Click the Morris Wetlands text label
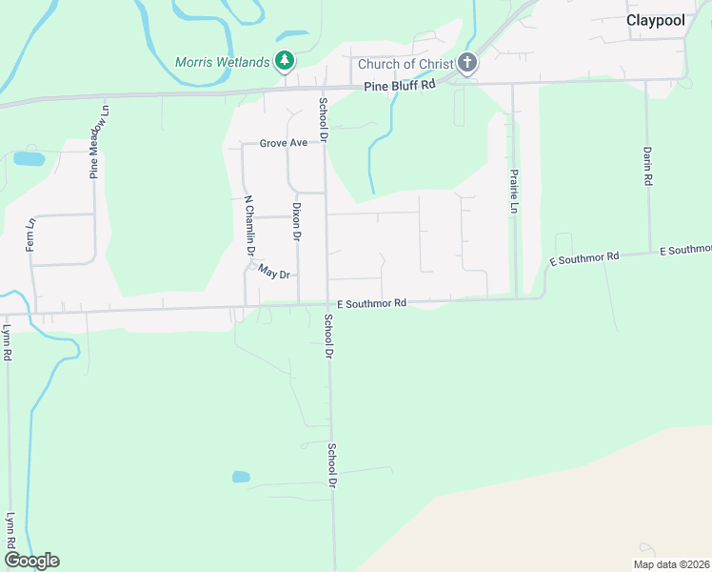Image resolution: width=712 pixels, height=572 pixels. point(223,63)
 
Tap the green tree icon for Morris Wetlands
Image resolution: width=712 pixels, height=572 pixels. point(284,62)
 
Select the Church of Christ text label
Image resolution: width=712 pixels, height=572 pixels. point(405,65)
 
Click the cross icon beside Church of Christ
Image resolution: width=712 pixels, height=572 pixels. point(466,63)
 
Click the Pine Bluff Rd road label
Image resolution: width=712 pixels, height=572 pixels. point(400,85)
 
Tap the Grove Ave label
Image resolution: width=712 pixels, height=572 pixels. point(284,143)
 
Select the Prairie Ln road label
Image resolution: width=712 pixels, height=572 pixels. point(513,192)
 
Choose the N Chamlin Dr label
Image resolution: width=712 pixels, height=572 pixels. point(249,226)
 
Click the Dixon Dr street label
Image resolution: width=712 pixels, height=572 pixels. point(297,221)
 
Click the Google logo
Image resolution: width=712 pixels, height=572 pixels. point(31,561)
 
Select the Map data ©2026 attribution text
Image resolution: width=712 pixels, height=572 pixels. point(671,564)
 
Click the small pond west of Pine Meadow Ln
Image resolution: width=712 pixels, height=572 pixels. point(28,158)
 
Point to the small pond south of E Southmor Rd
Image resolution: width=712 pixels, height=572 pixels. point(241,477)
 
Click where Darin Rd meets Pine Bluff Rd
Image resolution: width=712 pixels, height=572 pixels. point(646,81)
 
